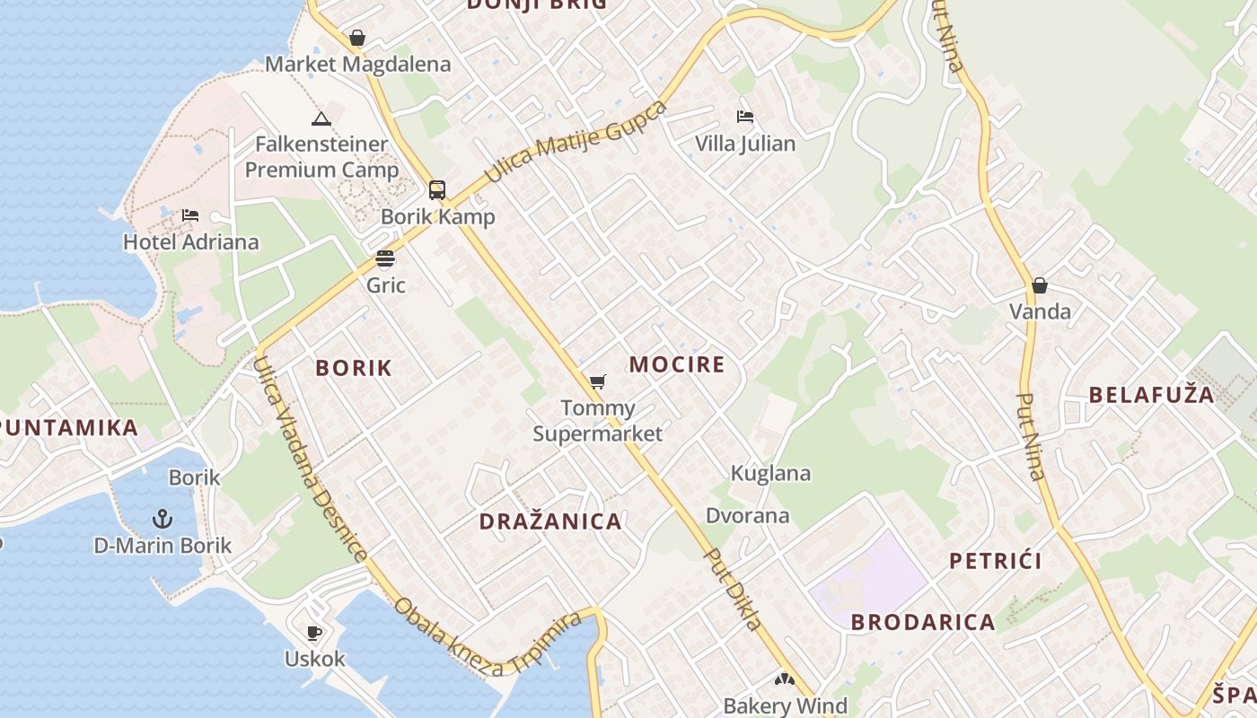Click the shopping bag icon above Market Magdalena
pos(357,38)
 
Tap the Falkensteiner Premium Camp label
pos(321,157)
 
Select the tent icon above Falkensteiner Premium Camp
pos(321,118)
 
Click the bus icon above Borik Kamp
pos(437,190)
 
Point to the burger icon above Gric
pos(385,259)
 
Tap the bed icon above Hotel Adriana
pos(190,215)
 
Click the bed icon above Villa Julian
pos(745,117)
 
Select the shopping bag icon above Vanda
pos(1040,285)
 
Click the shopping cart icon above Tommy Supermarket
pos(598,382)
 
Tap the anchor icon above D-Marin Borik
pos(163,518)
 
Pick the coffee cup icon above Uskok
pos(314,633)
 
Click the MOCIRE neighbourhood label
pos(677,364)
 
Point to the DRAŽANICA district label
pos(550,521)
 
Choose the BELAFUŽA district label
pos(1151,394)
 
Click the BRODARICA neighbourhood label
pos(923,622)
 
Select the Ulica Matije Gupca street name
pos(576,141)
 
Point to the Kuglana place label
pos(770,473)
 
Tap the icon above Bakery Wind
pos(785,679)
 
